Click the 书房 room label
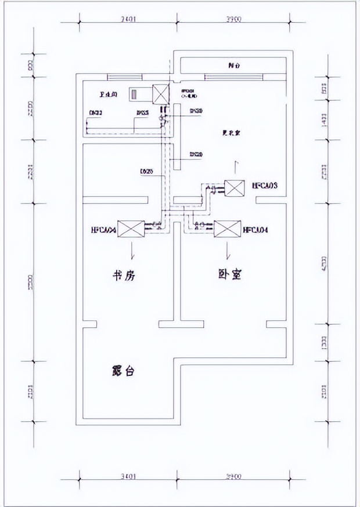point(123,276)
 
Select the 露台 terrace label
point(122,371)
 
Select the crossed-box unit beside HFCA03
point(235,189)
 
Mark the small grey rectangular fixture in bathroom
point(135,93)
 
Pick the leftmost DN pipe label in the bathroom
point(95,113)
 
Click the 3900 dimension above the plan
point(232,19)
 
